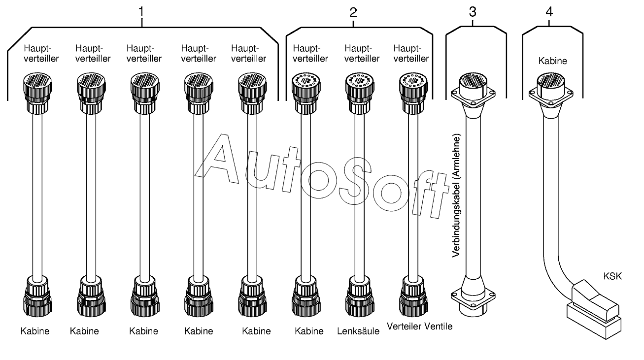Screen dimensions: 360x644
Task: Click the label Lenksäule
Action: click(358, 331)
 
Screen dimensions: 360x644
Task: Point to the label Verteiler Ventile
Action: click(419, 326)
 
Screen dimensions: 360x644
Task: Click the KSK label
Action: click(612, 276)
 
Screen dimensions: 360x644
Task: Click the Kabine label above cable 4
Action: click(552, 62)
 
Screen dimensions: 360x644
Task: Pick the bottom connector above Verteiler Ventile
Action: click(413, 295)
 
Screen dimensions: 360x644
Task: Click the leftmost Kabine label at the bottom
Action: click(35, 331)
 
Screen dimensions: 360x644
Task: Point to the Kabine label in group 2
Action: click(309, 331)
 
